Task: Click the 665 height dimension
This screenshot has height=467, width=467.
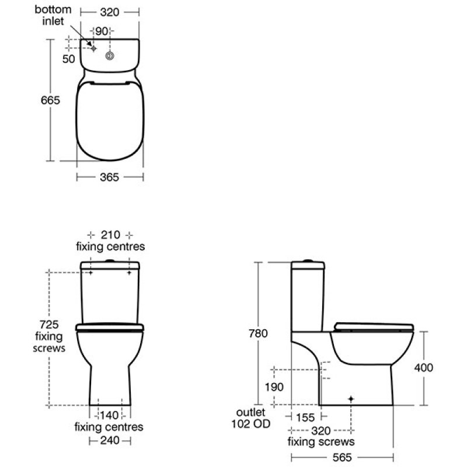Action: click(51, 101)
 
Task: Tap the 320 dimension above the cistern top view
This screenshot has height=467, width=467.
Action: click(110, 11)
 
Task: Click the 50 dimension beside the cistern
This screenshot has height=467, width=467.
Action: click(69, 58)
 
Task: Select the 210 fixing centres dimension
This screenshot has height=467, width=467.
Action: click(110, 235)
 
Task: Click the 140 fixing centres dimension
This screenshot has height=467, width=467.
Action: click(110, 416)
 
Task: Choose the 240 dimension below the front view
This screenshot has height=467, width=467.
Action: click(110, 440)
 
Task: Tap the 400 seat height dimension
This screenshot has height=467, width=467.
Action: click(424, 368)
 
